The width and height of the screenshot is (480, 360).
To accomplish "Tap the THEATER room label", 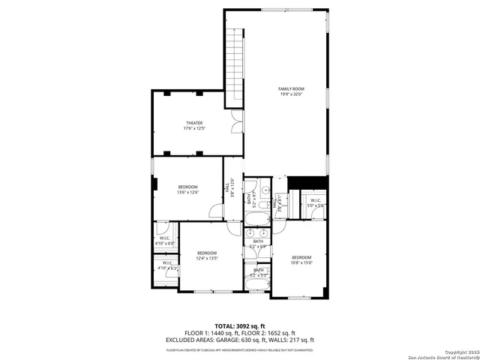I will pyautogui.click(x=193, y=125).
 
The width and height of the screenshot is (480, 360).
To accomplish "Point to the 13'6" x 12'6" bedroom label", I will pyautogui.click(x=187, y=189).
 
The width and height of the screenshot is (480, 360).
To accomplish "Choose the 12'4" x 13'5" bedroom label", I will pyautogui.click(x=207, y=256).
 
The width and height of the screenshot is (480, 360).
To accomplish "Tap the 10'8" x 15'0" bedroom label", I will pyautogui.click(x=301, y=259).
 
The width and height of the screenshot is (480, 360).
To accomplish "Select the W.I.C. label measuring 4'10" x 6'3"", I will pyautogui.click(x=166, y=265).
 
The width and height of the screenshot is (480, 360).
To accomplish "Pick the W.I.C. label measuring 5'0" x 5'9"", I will pyautogui.click(x=314, y=202).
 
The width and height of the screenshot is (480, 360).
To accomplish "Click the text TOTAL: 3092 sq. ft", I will pyautogui.click(x=240, y=325).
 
